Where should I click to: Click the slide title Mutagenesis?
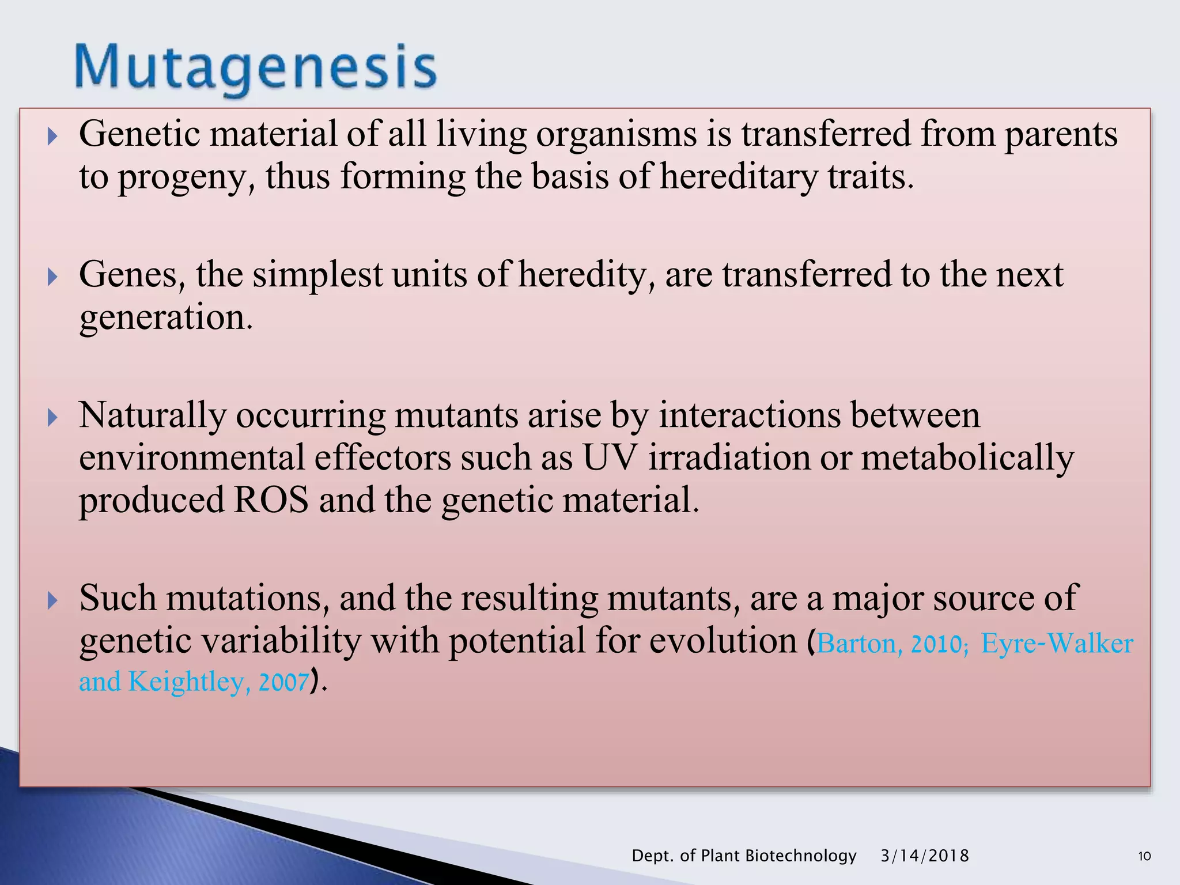tap(255, 68)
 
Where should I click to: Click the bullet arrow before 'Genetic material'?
tap(52, 137)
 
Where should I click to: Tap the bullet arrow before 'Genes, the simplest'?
tap(52, 277)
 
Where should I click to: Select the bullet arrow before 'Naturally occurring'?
tap(52, 418)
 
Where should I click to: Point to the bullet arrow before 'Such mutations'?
tap(52, 601)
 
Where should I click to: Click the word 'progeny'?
tap(186, 177)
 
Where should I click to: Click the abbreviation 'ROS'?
tap(271, 500)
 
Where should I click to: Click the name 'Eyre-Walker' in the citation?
tap(1057, 644)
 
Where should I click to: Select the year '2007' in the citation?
tap(283, 682)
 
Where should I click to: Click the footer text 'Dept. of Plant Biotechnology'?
tap(744, 856)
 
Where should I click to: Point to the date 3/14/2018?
tap(924, 856)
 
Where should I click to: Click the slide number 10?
tap(1144, 856)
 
